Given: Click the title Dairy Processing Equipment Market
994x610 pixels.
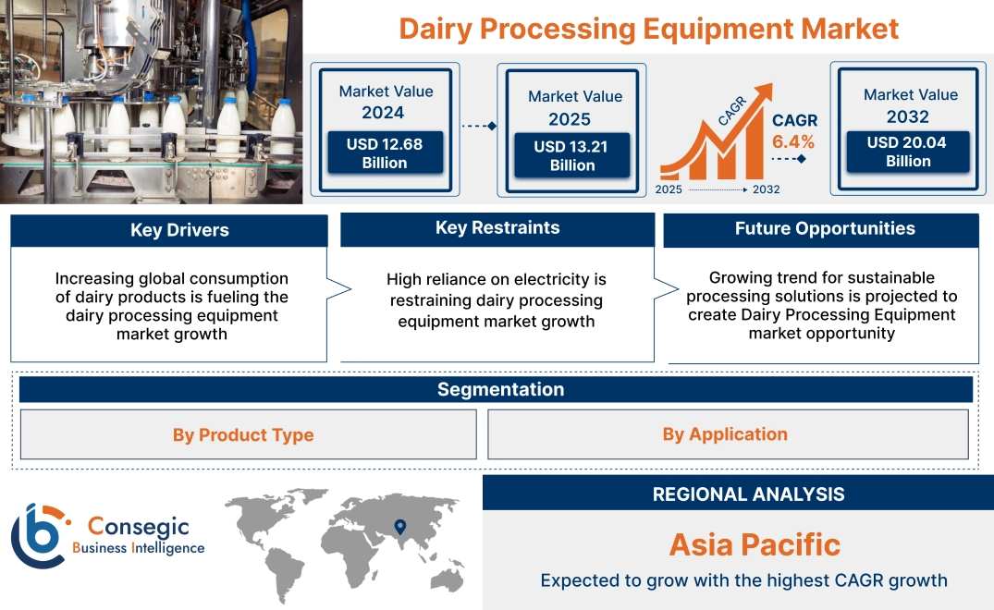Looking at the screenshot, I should [x=648, y=29].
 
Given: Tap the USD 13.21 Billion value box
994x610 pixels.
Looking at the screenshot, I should [x=571, y=155].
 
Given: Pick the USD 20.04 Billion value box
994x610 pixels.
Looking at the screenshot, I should [x=908, y=152].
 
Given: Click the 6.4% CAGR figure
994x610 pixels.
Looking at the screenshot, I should [x=793, y=141].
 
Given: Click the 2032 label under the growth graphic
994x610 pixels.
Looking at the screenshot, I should [x=766, y=189].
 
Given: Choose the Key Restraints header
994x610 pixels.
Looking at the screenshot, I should [x=497, y=228].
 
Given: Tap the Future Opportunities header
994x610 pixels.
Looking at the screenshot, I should [x=825, y=228].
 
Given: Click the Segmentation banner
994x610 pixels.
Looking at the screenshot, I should [x=500, y=389].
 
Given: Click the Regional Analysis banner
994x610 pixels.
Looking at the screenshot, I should [x=748, y=494].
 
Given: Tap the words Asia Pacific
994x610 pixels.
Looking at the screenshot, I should [x=755, y=544].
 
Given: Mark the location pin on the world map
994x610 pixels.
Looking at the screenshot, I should [x=399, y=527].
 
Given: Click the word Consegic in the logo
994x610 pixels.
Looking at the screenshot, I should [x=138, y=527].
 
